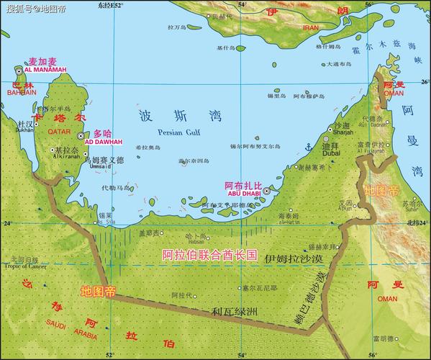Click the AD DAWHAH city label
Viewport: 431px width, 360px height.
(99, 142)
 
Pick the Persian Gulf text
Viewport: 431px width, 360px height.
(176, 132)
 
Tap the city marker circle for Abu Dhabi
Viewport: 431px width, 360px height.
(266, 192)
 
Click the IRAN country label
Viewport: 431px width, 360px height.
(311, 27)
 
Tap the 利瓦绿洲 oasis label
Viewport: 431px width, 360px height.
(233, 311)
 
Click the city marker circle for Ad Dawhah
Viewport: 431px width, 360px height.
(80, 135)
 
